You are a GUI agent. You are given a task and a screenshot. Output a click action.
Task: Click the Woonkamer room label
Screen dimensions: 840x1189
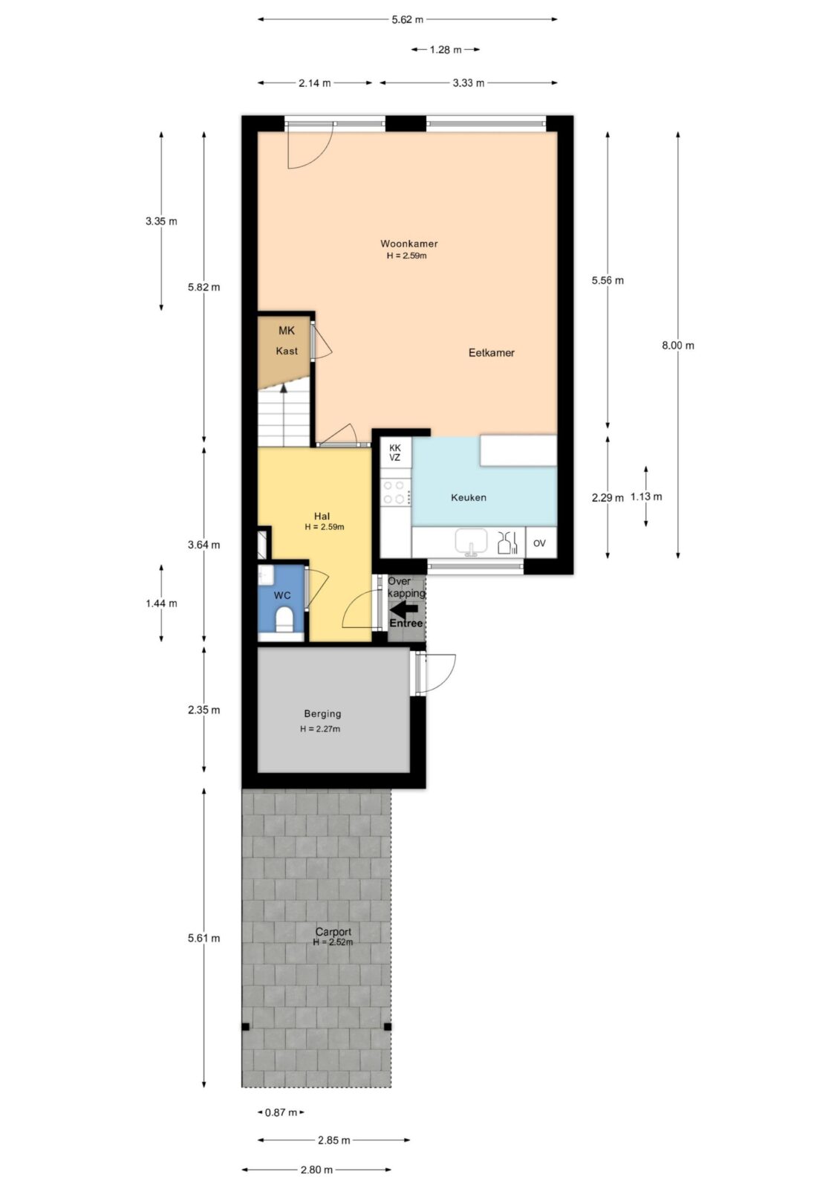coord(408,244)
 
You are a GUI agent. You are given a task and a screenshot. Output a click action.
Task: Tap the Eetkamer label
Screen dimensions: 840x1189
coord(491,352)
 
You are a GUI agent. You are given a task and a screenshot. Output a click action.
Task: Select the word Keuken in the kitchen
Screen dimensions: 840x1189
coord(468,497)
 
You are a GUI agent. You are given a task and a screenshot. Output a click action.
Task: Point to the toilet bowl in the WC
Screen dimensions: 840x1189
coord(284,620)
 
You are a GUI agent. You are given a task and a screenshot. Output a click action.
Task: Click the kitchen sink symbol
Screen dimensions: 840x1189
coord(471,542)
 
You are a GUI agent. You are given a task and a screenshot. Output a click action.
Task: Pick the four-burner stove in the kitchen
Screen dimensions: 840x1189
coord(395,492)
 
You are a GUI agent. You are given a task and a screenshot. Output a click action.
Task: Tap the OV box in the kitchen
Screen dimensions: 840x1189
coord(540,542)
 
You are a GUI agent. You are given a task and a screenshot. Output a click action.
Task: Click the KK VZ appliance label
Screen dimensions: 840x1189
coord(395,453)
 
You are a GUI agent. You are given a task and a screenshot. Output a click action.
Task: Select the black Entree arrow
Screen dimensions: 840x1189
coord(403,609)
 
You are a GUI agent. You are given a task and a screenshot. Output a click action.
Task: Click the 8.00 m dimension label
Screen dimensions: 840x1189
coord(677,345)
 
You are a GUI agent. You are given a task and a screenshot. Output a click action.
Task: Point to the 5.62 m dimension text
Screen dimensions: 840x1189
coord(408,19)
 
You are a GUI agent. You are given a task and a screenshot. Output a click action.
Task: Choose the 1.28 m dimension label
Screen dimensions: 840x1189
coord(445,49)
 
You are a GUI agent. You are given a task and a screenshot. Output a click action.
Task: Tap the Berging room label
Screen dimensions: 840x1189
coord(322,713)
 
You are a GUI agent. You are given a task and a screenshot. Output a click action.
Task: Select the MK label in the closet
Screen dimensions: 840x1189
coord(287,331)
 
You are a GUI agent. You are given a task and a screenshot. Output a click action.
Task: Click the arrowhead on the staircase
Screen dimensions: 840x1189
coord(284,388)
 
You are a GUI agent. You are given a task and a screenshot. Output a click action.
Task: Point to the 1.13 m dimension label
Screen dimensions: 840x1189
coord(646,497)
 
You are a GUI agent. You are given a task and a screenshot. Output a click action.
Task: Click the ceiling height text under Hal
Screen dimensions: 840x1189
coord(325,527)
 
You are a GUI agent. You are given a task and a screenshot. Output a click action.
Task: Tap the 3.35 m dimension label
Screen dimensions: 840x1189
coord(161,221)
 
